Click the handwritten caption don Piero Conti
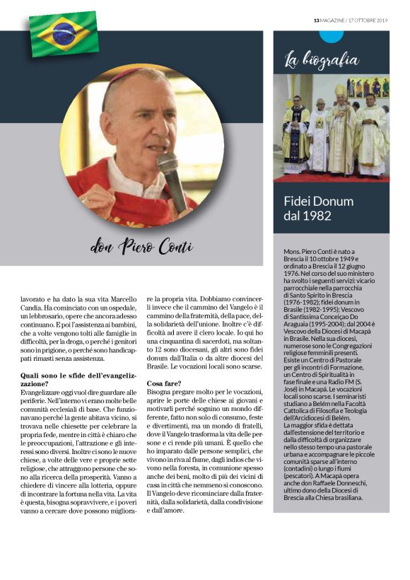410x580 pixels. point(141,247)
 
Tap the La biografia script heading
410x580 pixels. point(321,59)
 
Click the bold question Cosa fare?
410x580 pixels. point(163,383)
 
